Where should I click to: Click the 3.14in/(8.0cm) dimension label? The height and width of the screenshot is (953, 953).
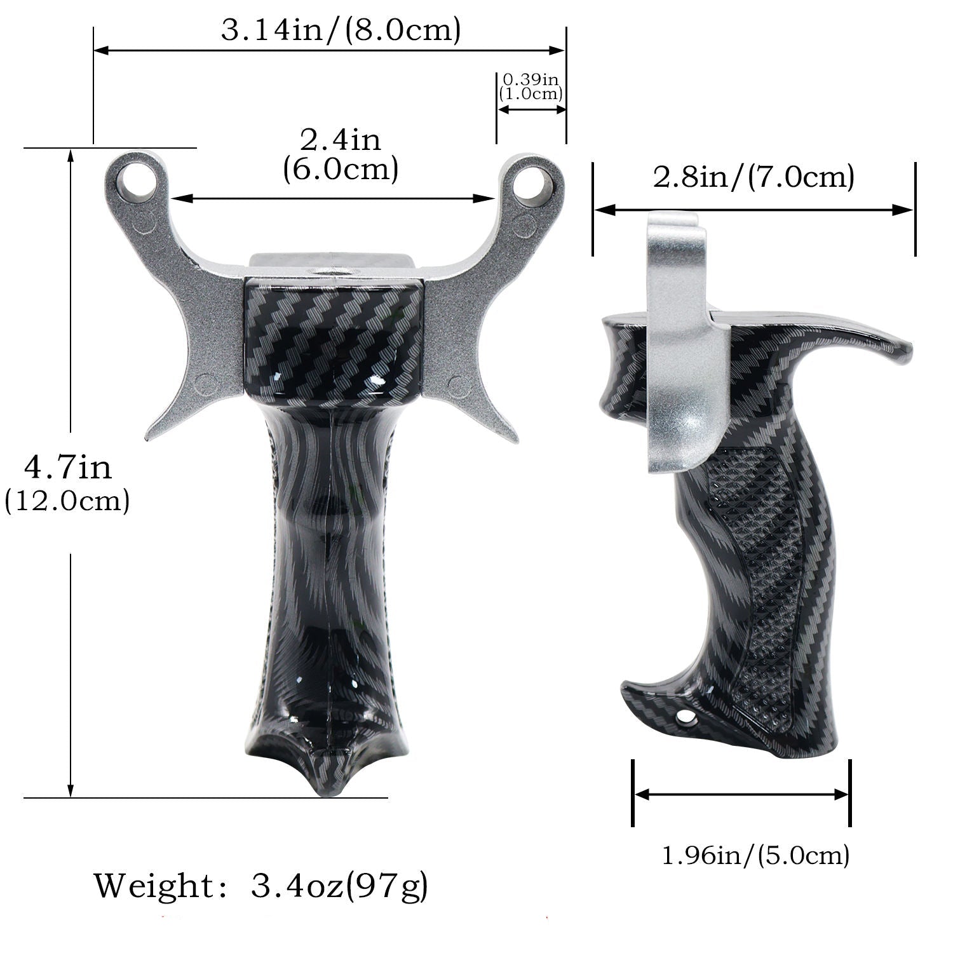pyautogui.click(x=341, y=30)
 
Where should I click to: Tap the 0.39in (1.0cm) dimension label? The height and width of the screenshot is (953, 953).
pyautogui.click(x=531, y=87)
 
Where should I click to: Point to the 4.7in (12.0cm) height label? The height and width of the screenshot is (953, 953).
pyautogui.click(x=67, y=483)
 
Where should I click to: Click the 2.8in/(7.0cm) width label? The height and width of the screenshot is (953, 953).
pyautogui.click(x=754, y=177)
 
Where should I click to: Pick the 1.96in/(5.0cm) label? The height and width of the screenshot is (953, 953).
pyautogui.click(x=755, y=856)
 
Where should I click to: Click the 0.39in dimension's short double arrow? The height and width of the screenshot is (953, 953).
pyautogui.click(x=531, y=109)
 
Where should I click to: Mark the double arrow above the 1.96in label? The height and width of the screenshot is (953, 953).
pyautogui.click(x=741, y=794)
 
